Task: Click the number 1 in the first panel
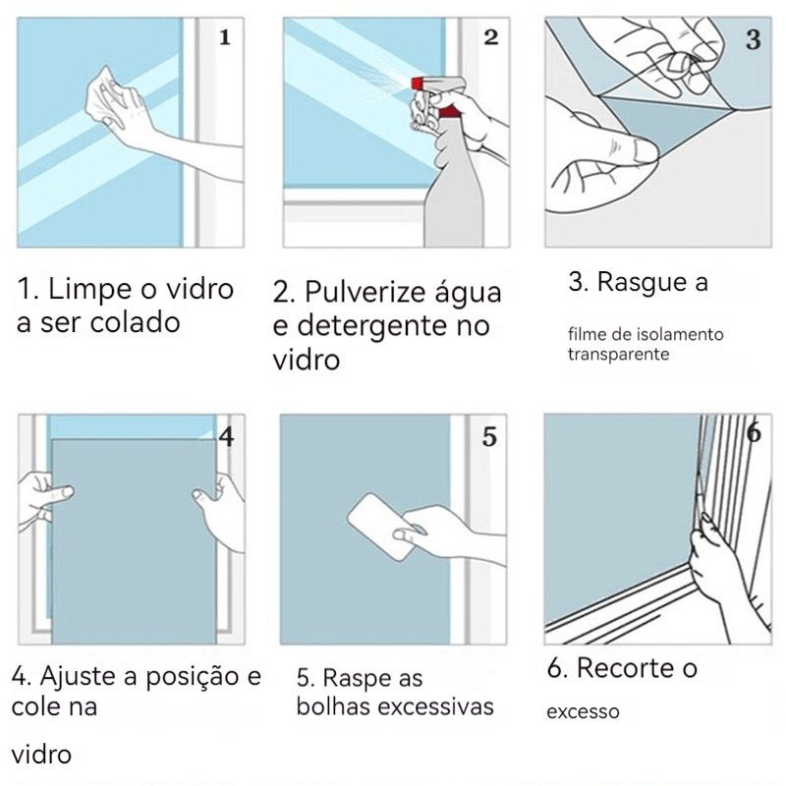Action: point(225,37)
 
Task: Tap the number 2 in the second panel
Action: point(491,37)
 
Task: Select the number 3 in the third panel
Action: point(753,39)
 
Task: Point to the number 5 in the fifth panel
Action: point(489,436)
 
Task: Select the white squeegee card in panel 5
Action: point(381,527)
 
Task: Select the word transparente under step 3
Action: point(619,355)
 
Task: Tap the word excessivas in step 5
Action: point(435,706)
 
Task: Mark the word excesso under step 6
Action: point(583,712)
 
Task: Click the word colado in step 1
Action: point(136,322)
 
